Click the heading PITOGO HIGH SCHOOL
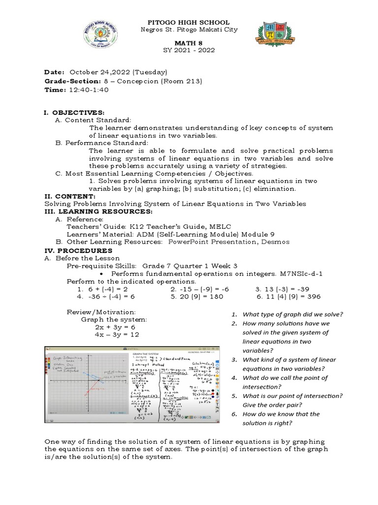click(189, 22)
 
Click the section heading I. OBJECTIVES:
click(74, 112)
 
